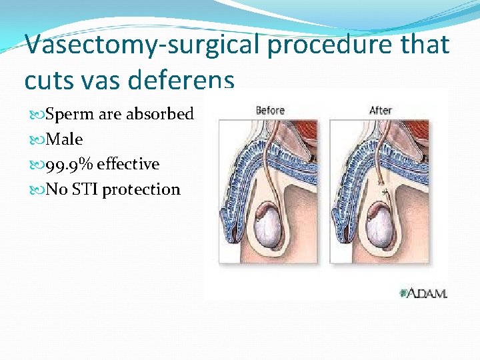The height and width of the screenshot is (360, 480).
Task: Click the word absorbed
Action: tap(160, 114)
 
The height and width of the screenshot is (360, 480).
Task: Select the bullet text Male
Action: tap(64, 139)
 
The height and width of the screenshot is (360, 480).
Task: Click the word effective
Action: tap(128, 164)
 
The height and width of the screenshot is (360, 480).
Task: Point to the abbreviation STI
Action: tap(84, 189)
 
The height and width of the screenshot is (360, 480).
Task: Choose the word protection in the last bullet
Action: tap(141, 189)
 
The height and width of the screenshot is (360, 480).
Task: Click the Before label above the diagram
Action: tap(270, 110)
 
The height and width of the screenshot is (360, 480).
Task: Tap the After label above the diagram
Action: tap(380, 110)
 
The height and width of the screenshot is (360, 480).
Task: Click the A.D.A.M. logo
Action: tap(423, 292)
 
